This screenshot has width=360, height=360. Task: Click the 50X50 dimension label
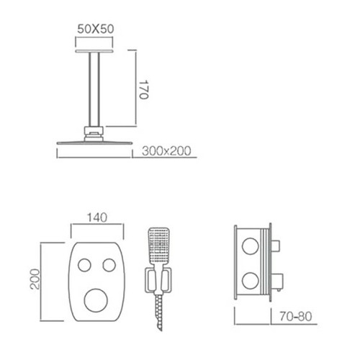click(96, 29)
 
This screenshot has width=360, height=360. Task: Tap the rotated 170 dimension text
click(144, 90)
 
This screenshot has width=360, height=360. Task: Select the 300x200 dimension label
click(166, 151)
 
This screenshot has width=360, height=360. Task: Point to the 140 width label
click(97, 217)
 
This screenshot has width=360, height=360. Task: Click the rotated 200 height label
click(35, 279)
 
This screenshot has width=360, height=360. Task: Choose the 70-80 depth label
click(296, 316)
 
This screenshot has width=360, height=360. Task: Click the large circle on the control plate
click(96, 300)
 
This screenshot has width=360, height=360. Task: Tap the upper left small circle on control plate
click(84, 265)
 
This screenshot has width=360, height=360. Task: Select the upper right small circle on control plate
click(109, 265)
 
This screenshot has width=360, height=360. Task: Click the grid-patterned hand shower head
click(158, 245)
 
